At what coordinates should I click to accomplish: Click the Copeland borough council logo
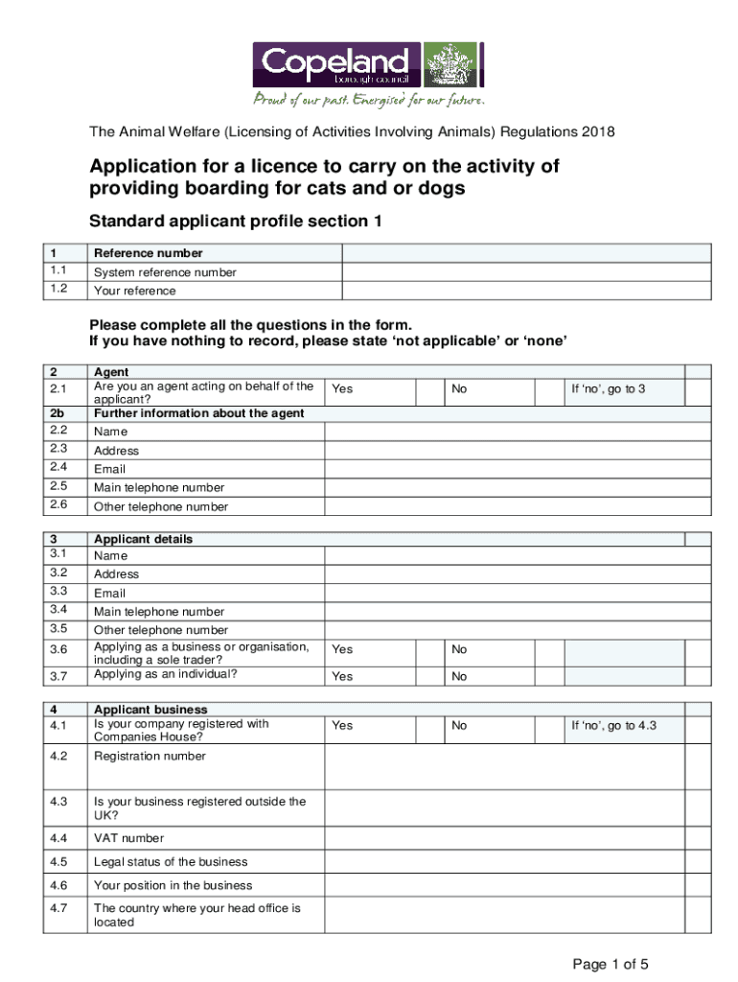(368, 74)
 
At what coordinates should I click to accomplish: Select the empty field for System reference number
(526, 272)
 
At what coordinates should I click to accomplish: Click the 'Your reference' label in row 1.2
(134, 291)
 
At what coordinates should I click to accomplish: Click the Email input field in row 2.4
(518, 469)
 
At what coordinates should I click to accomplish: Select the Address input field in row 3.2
(518, 574)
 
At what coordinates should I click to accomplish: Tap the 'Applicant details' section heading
(143, 539)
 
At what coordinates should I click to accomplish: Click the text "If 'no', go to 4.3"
(613, 726)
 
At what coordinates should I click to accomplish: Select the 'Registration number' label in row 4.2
(150, 756)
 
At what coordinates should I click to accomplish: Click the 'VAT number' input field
(518, 838)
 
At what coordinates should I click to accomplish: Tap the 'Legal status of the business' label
(171, 862)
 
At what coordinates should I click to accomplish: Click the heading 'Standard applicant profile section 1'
(236, 222)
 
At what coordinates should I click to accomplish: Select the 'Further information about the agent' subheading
(198, 413)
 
